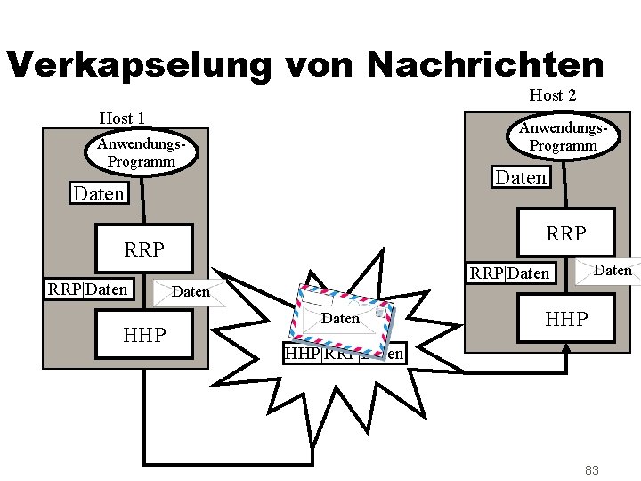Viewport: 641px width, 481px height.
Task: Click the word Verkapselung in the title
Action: [138, 65]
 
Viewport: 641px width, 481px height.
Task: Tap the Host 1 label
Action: [122, 118]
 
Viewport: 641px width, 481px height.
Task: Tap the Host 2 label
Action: [553, 94]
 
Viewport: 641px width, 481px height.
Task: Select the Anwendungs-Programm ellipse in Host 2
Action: [563, 136]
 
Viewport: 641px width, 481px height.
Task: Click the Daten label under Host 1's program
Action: [99, 193]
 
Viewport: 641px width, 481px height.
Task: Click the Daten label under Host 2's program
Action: [521, 177]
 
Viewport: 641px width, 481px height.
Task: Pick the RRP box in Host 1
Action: [144, 249]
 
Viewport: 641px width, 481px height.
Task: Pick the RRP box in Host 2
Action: [565, 233]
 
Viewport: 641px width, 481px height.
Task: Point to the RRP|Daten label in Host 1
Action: [87, 289]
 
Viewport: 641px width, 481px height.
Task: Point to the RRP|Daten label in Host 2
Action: [509, 273]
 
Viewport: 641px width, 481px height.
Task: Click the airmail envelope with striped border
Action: [342, 316]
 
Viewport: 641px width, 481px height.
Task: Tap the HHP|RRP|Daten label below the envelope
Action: [344, 354]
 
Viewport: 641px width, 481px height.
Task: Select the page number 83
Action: [591, 469]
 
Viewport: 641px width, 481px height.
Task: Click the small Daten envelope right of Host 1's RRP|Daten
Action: [189, 292]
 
